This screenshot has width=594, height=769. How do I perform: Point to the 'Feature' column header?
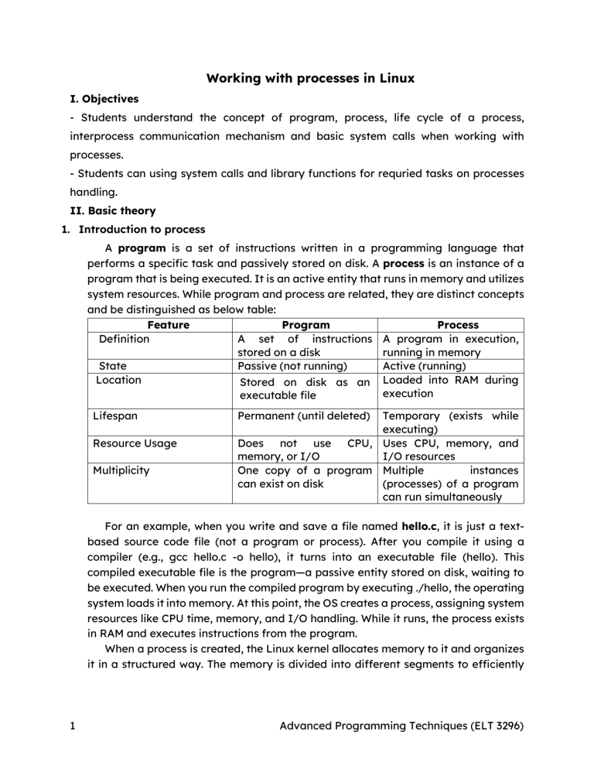coord(167,325)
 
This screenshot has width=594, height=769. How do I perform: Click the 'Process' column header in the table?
coord(458,325)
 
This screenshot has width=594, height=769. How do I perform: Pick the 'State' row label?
coord(113,366)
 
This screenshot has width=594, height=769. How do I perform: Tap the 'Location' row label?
coord(118,380)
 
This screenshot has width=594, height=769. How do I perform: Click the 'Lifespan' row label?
coord(116,415)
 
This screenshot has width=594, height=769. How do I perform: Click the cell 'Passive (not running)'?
coord(295,366)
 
